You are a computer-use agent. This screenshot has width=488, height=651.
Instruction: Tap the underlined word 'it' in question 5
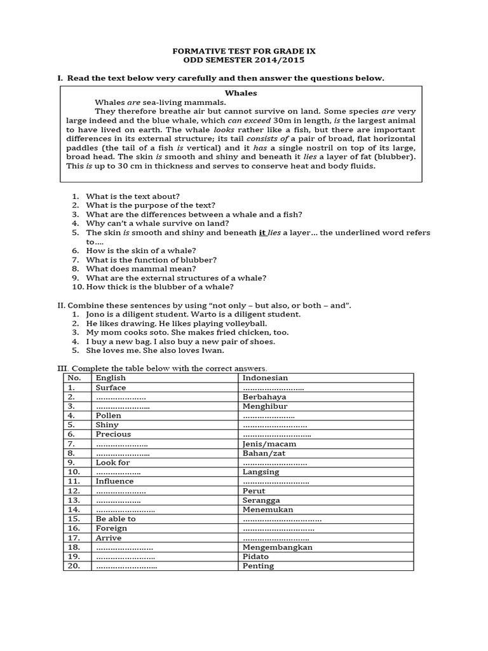262,233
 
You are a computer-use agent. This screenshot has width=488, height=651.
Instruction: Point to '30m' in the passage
282,121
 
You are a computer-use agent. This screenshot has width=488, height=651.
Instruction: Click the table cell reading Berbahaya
264,397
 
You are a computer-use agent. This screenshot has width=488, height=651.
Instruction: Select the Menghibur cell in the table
265,406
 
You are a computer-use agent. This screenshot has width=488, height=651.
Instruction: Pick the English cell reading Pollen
109,416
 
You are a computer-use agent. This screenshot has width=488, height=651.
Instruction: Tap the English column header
111,378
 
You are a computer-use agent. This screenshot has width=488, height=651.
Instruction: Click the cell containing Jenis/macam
269,444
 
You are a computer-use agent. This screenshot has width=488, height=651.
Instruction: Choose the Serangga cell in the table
261,500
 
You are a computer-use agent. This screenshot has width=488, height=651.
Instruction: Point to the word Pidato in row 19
255,556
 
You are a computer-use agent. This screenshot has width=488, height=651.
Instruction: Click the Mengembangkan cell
278,547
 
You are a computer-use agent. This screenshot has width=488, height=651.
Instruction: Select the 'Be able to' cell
116,519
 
